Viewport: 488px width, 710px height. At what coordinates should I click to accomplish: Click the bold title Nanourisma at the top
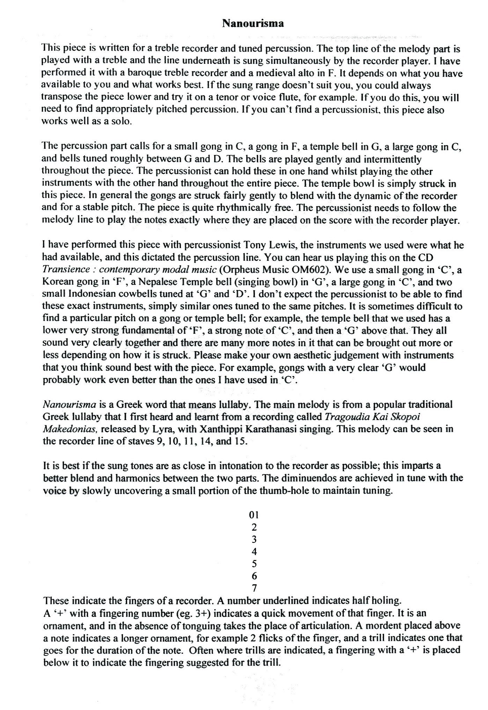tap(253, 24)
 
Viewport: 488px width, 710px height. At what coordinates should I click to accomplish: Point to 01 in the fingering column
tap(254, 515)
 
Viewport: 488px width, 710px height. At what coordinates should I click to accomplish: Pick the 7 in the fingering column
tap(254, 588)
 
